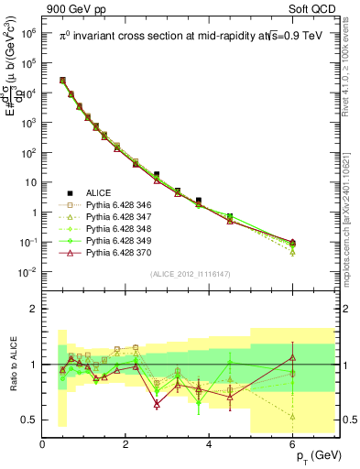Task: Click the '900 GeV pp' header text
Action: click(77, 10)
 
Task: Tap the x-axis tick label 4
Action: click(209, 444)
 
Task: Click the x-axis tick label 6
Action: click(292, 444)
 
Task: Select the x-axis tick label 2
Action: click(125, 444)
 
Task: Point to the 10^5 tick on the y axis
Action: click(27, 63)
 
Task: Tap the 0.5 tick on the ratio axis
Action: click(29, 420)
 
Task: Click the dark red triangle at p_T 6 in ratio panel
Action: click(292, 357)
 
